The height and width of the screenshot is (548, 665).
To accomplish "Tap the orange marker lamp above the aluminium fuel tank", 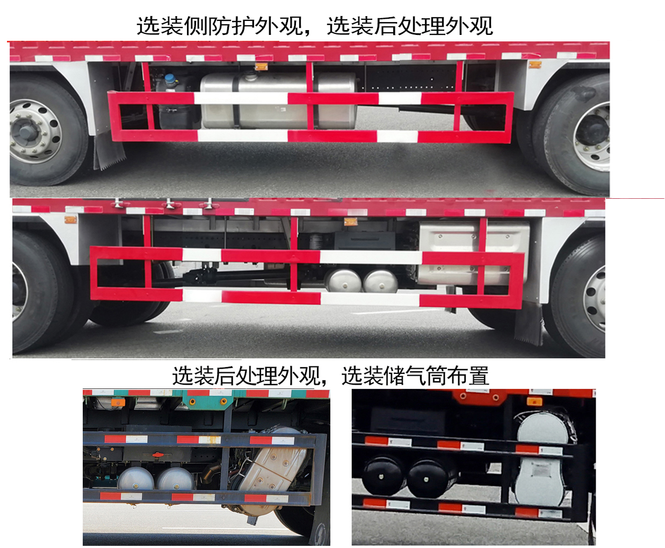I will (x=261, y=67).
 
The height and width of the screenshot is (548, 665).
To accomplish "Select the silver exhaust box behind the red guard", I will (x=473, y=253).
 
